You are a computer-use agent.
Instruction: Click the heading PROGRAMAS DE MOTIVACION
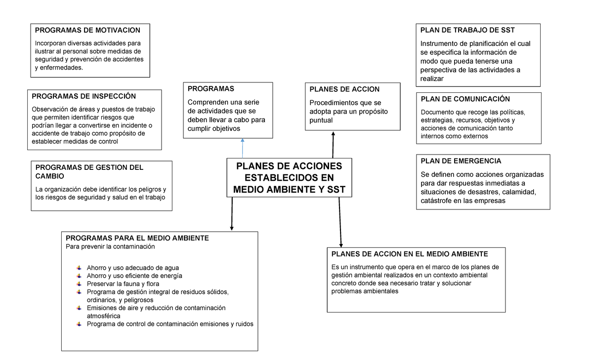(x=87, y=31)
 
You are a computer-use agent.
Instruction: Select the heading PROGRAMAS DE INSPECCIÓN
(x=84, y=96)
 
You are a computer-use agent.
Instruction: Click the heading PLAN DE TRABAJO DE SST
(x=467, y=31)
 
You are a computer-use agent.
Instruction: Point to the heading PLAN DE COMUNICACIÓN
(x=465, y=99)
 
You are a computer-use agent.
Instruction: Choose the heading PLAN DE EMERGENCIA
(x=461, y=161)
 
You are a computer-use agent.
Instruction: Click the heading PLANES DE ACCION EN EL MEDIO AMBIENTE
(x=409, y=254)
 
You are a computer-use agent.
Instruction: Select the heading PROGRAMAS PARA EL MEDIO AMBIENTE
(x=137, y=238)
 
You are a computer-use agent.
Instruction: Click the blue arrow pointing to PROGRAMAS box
(x=243, y=148)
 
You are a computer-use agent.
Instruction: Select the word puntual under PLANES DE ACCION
(x=321, y=120)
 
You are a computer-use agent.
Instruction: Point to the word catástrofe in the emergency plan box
(x=436, y=201)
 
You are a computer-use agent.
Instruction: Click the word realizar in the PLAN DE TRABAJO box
(x=432, y=79)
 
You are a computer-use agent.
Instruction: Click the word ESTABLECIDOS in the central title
(x=289, y=178)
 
